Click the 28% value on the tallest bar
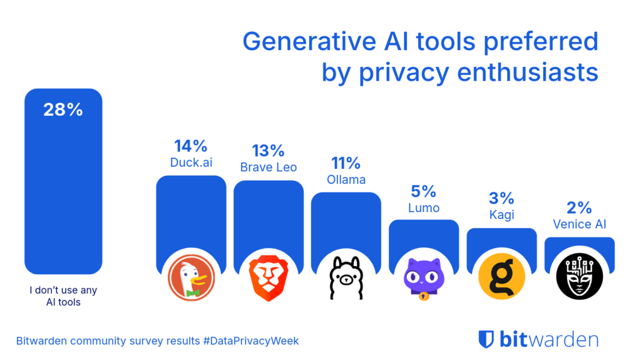click(63, 110)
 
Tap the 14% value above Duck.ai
click(190, 147)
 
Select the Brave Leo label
click(268, 167)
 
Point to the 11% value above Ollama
click(346, 163)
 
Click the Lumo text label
click(423, 207)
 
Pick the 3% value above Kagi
click(501, 198)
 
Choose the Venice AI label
click(580, 224)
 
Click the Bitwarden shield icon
click(486, 339)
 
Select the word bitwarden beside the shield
click(548, 339)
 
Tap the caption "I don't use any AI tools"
click(63, 296)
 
